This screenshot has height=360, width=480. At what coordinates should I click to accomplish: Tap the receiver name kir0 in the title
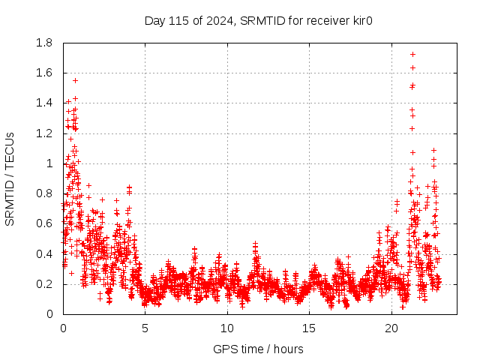tap(361, 20)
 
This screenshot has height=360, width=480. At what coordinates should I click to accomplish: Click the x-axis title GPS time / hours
tap(258, 349)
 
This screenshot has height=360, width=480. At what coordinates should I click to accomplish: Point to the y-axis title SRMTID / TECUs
tap(10, 178)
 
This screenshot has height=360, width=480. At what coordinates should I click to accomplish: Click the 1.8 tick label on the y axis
tap(43, 43)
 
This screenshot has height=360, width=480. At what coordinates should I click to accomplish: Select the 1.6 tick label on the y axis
tap(43, 73)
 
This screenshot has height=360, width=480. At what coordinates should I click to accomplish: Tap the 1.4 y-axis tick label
tap(43, 103)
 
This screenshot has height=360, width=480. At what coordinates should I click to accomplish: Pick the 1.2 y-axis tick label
tap(43, 133)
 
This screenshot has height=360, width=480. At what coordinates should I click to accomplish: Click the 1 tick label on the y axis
tap(49, 163)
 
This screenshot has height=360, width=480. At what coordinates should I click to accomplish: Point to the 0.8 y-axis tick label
tap(43, 193)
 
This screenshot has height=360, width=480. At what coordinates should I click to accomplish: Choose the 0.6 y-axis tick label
tap(43, 223)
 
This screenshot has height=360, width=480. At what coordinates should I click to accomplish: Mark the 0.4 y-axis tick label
tap(43, 253)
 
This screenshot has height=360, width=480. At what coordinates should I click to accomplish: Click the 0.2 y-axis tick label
tap(43, 284)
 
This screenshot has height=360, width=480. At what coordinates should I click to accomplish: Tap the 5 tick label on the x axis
tap(145, 328)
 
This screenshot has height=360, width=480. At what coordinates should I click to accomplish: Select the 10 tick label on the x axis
tap(227, 328)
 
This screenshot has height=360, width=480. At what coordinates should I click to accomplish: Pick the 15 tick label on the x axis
tap(309, 328)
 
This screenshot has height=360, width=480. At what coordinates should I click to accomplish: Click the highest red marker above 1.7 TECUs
tap(412, 55)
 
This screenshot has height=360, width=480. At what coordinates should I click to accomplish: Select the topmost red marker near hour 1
tap(75, 80)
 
